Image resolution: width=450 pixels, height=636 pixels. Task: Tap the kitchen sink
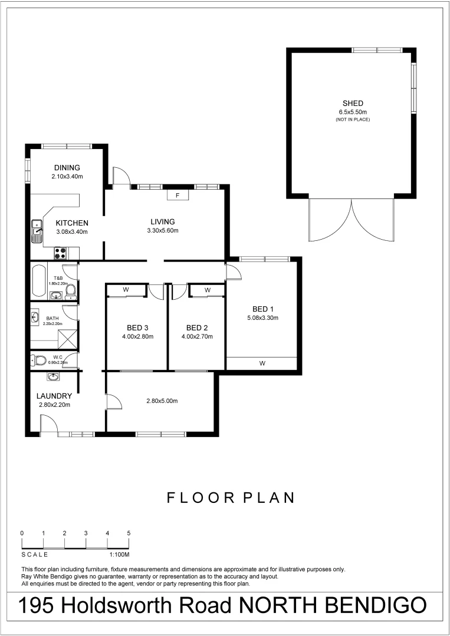(37, 231)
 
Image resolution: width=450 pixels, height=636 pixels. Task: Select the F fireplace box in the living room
(178, 196)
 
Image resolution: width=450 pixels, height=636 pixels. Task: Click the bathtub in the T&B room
(38, 281)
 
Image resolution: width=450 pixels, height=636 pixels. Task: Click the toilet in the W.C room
(41, 360)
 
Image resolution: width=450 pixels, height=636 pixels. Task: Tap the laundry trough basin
(54, 377)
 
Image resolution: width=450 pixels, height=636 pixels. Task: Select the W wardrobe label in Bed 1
(262, 363)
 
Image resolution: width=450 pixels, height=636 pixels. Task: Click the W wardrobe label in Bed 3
(126, 290)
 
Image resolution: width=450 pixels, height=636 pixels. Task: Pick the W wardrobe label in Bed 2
(208, 290)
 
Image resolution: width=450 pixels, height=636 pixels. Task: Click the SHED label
(353, 103)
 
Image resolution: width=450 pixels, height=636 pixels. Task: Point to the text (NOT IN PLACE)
(353, 120)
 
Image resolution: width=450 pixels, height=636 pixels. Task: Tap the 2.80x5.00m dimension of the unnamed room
(162, 401)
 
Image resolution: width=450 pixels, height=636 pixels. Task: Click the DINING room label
(67, 168)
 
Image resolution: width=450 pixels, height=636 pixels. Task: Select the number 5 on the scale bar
(129, 533)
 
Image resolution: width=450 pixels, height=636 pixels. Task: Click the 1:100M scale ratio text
(119, 555)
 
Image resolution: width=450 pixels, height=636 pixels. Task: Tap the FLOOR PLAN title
(231, 498)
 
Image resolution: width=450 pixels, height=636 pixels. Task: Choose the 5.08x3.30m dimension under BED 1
(262, 317)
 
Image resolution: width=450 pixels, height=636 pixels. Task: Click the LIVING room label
(163, 221)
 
